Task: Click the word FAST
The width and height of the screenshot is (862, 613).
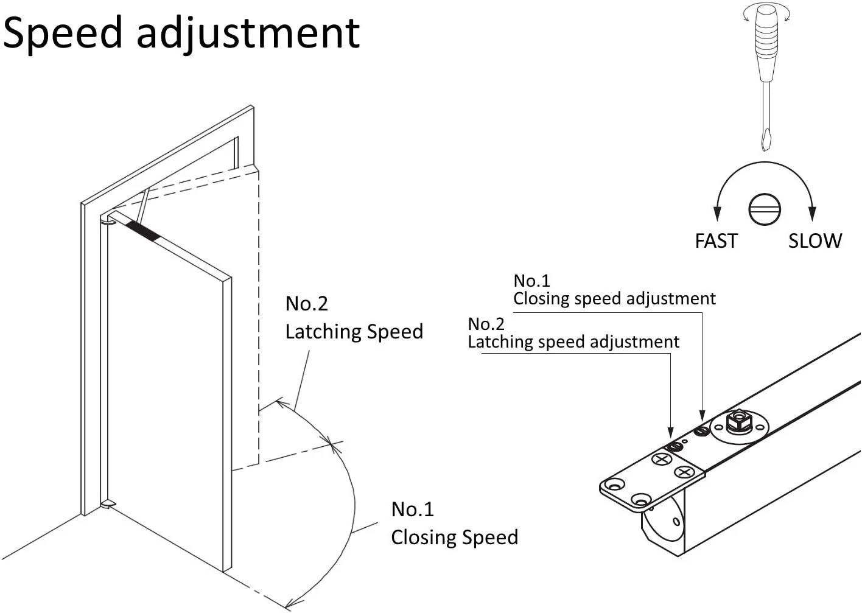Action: pyautogui.click(x=716, y=241)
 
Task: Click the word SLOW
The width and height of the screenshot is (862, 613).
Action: pyautogui.click(x=815, y=241)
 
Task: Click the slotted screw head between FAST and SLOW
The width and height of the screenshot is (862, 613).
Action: pyautogui.click(x=765, y=209)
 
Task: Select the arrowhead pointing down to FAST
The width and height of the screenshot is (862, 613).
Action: pyautogui.click(x=717, y=213)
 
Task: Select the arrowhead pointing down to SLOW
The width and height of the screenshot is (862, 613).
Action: pyautogui.click(x=812, y=213)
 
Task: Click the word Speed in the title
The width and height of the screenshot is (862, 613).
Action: pyautogui.click(x=63, y=33)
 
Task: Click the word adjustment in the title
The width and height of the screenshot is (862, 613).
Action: pyautogui.click(x=248, y=33)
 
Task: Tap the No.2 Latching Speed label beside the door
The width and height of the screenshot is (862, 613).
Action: pyautogui.click(x=354, y=318)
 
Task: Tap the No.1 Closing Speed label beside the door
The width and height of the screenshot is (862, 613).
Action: pyautogui.click(x=454, y=524)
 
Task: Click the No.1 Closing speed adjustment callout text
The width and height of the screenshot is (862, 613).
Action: pyautogui.click(x=614, y=290)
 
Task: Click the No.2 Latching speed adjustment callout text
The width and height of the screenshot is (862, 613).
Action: pyautogui.click(x=573, y=333)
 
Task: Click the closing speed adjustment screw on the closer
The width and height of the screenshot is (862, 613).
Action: pyautogui.click(x=701, y=431)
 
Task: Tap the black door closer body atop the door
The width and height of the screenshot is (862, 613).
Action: pyautogui.click(x=143, y=231)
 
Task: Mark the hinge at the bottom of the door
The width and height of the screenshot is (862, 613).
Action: pyautogui.click(x=108, y=504)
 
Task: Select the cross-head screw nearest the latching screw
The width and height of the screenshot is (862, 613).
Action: pyautogui.click(x=661, y=459)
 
